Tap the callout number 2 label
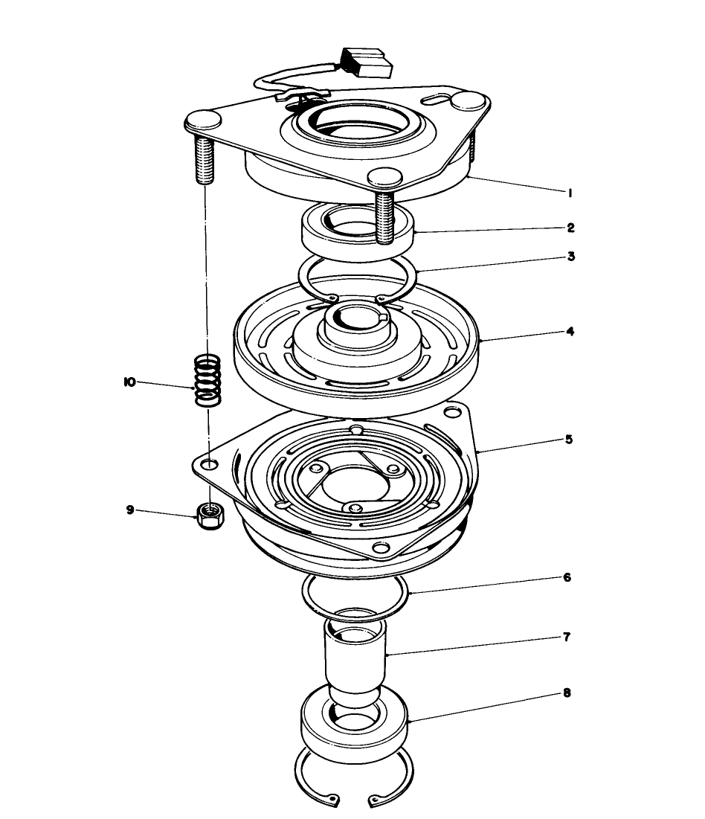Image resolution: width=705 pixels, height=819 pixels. coord(570,228)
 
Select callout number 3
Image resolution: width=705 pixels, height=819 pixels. coord(570,257)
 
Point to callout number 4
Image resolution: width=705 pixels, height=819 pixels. coord(570,331)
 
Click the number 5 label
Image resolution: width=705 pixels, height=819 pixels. coord(569,439)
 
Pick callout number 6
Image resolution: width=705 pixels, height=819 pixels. coord(567,577)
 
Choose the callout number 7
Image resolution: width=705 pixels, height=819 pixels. coord(567,637)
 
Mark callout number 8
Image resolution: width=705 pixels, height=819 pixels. coord(567,693)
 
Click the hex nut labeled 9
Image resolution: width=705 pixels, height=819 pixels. coord(210,515)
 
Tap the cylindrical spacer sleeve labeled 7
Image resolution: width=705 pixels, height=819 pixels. coord(355,655)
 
